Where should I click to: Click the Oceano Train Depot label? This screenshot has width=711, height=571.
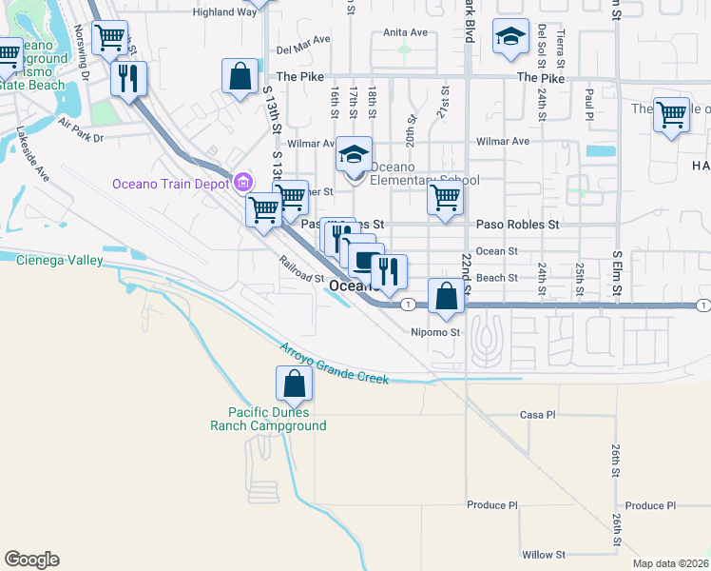(172, 184)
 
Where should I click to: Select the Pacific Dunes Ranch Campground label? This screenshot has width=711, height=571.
(277, 419)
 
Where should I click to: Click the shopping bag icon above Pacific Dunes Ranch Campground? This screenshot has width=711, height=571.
(294, 384)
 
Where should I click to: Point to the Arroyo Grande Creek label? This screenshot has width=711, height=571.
(334, 364)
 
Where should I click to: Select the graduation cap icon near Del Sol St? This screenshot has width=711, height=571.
(510, 37)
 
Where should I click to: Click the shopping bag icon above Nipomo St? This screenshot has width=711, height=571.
(446, 296)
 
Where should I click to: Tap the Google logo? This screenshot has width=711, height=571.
(31, 560)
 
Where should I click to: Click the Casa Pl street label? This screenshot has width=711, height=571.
(536, 415)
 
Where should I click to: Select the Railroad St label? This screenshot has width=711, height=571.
(301, 270)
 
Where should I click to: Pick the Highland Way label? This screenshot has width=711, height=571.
(224, 12)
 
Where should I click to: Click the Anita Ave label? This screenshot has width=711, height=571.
(405, 31)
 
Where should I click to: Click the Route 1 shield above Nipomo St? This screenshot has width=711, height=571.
(407, 305)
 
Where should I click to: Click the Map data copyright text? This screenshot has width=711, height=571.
(669, 563)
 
